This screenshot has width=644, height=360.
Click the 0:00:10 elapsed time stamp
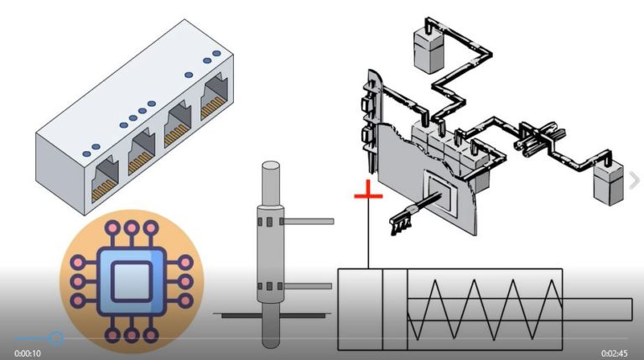[29, 353]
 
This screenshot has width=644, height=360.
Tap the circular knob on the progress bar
[56, 338]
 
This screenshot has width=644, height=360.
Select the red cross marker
[368, 196]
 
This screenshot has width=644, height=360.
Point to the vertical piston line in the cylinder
[383, 309]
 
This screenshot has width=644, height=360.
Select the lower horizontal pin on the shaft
[306, 287]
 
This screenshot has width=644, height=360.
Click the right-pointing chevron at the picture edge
[635, 180]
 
